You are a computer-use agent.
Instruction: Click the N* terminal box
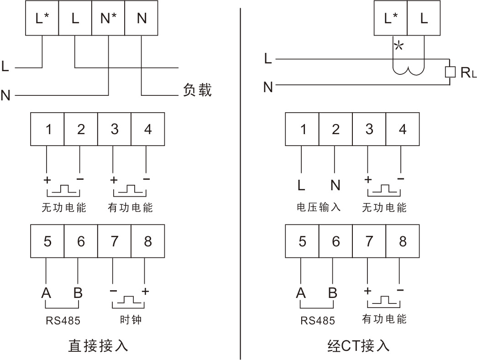(108, 18)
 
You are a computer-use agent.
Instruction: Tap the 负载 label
(197, 90)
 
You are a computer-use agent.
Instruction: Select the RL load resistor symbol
(450, 72)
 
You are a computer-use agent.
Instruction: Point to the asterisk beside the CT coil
(398, 47)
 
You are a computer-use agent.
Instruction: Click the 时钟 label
(131, 319)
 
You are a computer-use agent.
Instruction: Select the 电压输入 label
(319, 207)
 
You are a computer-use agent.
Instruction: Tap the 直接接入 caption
(98, 346)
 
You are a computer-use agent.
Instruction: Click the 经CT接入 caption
(358, 346)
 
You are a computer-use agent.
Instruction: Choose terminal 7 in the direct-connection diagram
(115, 241)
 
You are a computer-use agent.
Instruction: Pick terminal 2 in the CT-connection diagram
(335, 129)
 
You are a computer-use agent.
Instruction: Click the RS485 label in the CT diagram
(318, 320)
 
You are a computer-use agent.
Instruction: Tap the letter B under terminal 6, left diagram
(78, 293)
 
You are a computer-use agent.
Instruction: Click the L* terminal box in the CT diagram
(391, 18)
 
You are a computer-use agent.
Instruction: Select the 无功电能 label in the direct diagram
(64, 208)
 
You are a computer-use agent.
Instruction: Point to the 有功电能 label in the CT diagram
(384, 319)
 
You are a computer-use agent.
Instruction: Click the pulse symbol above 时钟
(128, 300)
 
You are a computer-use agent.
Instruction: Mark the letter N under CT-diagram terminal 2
(335, 185)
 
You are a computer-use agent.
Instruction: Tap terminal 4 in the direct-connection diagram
(148, 129)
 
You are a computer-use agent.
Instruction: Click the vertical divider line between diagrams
(240, 184)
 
